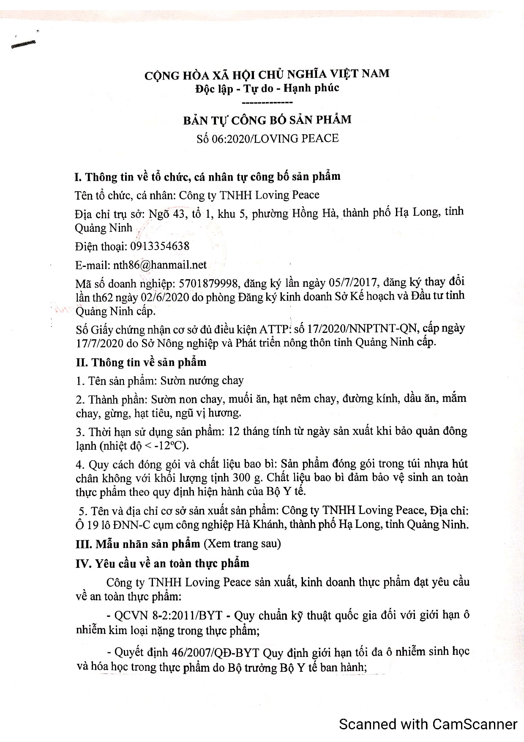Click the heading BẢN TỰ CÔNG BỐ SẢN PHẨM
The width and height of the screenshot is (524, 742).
[x=267, y=120]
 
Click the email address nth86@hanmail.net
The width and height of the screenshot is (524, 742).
[x=160, y=265]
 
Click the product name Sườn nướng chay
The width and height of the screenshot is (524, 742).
[x=202, y=381]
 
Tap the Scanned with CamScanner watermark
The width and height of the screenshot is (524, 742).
[x=428, y=724]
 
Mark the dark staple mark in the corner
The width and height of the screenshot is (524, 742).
[x=24, y=44]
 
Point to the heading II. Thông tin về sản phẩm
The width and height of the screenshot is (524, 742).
[x=141, y=363]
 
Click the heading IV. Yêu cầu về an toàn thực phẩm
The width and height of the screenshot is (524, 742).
[x=162, y=563]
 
